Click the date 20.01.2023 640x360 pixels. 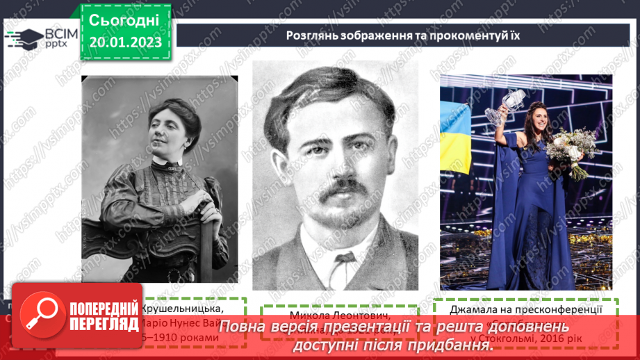click(x=125, y=42)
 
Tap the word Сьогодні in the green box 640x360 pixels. click(x=125, y=19)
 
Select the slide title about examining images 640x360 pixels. click(x=403, y=35)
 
